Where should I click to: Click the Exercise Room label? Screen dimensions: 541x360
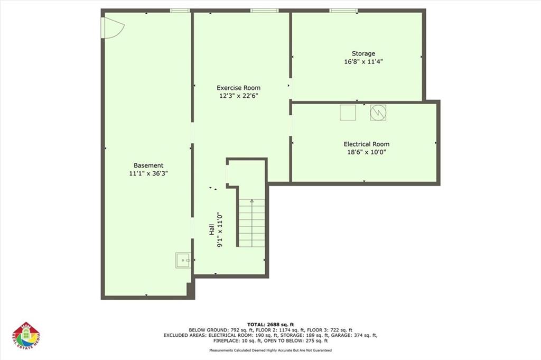pos(238,88)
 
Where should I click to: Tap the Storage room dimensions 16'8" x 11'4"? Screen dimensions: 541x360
pos(363,62)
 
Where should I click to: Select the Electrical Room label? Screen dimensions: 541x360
pos(367,144)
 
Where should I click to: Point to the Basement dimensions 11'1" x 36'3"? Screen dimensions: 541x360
pos(148,173)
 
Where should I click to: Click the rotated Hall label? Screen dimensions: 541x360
pos(211,229)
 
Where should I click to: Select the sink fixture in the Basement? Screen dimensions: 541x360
pos(183,260)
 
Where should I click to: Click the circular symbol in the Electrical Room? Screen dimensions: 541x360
pos(378,113)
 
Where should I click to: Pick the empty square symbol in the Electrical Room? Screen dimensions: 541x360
pos(348,113)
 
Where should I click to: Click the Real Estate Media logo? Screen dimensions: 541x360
pos(26,336)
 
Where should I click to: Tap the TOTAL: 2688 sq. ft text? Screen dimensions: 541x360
pos(270,325)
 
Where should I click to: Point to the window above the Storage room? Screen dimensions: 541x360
pos(343,11)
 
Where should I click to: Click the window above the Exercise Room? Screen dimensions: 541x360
pos(265,11)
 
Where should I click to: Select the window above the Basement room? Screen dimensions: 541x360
pos(181,11)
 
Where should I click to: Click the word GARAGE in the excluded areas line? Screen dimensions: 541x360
pos(342,335)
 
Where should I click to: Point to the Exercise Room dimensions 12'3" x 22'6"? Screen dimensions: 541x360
pos(239,96)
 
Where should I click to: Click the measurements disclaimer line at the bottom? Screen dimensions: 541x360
pos(270,350)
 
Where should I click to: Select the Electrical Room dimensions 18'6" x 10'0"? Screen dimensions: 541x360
pos(367,152)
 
